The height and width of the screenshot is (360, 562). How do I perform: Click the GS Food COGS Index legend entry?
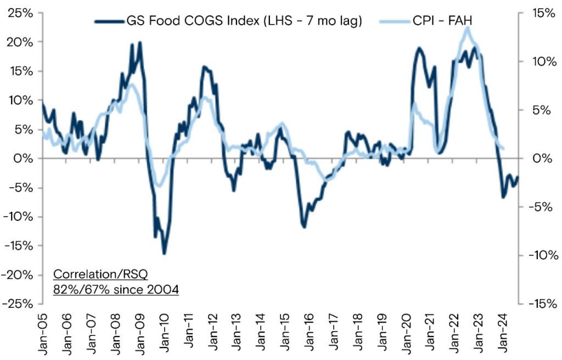click(x=228, y=21)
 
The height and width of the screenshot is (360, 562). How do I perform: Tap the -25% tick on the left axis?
click(x=19, y=303)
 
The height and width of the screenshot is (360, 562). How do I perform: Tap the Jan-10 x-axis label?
click(x=164, y=332)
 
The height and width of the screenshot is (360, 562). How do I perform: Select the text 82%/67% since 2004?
click(x=116, y=289)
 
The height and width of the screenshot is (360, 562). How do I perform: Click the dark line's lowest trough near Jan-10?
click(x=164, y=254)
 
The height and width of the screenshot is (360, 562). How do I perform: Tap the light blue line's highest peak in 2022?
click(x=468, y=27)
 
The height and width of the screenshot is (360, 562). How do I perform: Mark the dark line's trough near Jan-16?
click(x=305, y=227)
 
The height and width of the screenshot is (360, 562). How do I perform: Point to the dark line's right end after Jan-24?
click(x=518, y=176)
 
